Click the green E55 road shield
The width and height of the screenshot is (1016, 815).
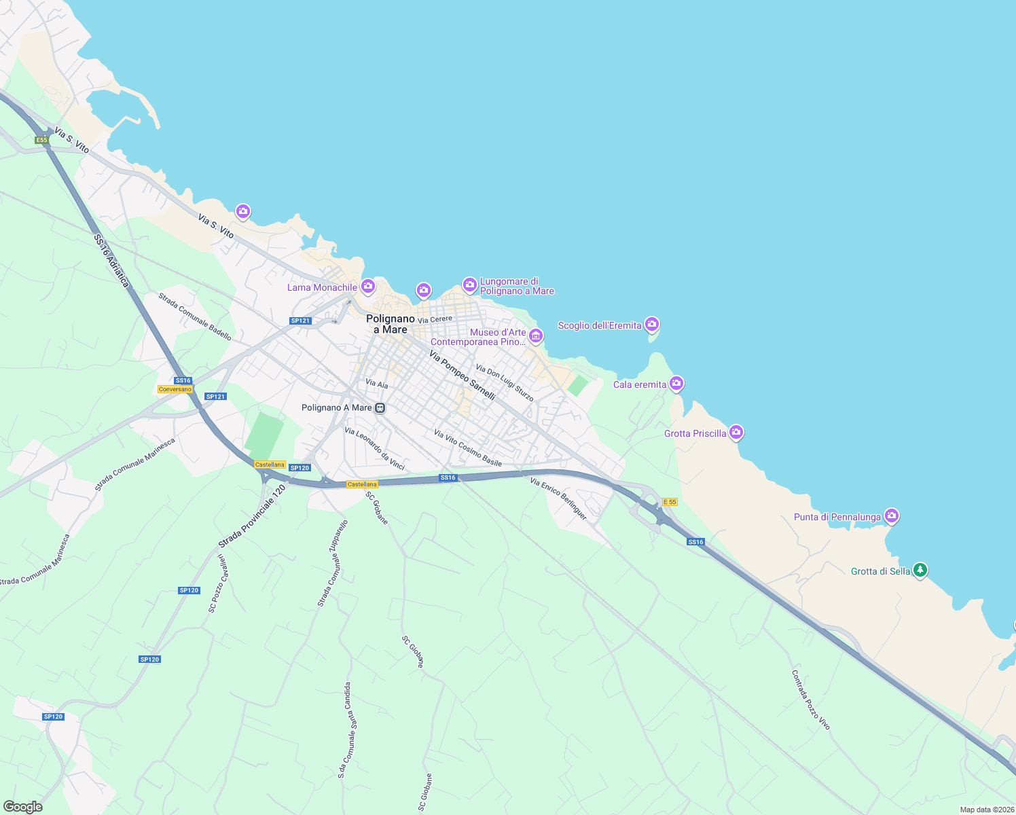coord(42,140)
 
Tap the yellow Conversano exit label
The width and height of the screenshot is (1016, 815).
coord(175,389)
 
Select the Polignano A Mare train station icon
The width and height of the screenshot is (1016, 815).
coord(380,408)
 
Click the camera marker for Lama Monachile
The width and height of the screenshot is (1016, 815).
coord(367,286)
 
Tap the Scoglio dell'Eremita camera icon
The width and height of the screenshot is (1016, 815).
coord(652,324)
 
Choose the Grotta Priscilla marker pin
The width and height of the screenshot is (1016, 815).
coord(736,432)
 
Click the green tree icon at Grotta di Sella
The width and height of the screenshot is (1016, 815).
coord(920,570)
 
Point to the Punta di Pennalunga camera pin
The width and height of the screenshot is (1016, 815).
coord(892,515)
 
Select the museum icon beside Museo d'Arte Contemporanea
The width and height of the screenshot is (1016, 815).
coord(536,336)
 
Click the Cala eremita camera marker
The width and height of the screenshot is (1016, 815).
coord(676,384)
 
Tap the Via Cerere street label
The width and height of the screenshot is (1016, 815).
coord(435,319)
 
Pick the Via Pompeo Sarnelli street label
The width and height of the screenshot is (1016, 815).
coord(462,374)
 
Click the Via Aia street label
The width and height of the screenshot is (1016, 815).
coord(377,384)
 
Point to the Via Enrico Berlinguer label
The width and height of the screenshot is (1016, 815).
coord(558,499)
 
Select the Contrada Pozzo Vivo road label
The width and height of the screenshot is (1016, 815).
coord(811,700)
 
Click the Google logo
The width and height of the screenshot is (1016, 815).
coord(22,807)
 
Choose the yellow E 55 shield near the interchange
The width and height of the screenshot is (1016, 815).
coord(670,502)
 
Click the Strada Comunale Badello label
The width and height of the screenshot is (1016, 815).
coord(195,316)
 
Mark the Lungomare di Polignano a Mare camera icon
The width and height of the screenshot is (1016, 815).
coord(469,284)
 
